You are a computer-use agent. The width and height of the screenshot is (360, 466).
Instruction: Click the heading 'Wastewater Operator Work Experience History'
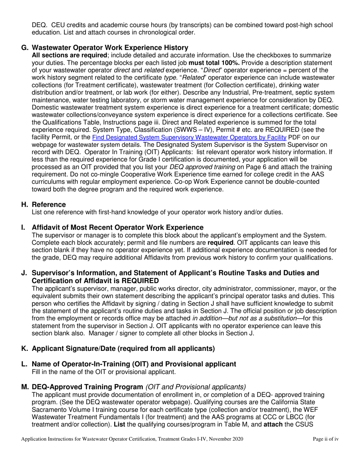(x=110, y=48)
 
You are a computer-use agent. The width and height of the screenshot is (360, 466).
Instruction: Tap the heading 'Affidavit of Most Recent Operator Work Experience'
(x=117, y=228)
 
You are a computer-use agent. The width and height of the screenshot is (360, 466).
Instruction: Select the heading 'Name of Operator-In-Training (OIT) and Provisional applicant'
(x=134, y=364)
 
